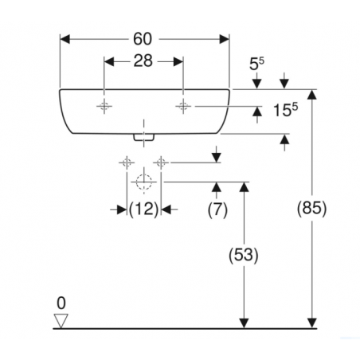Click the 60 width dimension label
pos(143,39)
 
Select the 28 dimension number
pos(143,61)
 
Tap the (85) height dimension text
pos(312,208)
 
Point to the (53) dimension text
pos(244,256)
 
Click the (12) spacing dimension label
pos(143,209)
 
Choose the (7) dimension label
pos(217,209)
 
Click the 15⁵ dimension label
pos(285,110)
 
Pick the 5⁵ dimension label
pos(256,64)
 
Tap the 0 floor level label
pos(61,303)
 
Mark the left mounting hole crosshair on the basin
pos(104,106)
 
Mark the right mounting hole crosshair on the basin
pos(183,106)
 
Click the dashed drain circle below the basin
pos(144,182)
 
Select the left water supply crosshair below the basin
pos(127,162)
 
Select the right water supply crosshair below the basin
pos(161,162)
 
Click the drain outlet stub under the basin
pos(144,137)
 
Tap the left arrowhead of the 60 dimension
pos(65,39)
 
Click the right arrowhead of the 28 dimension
pos(178,61)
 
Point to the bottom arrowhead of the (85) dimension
pos(312,323)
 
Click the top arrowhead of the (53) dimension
pos(244,187)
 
